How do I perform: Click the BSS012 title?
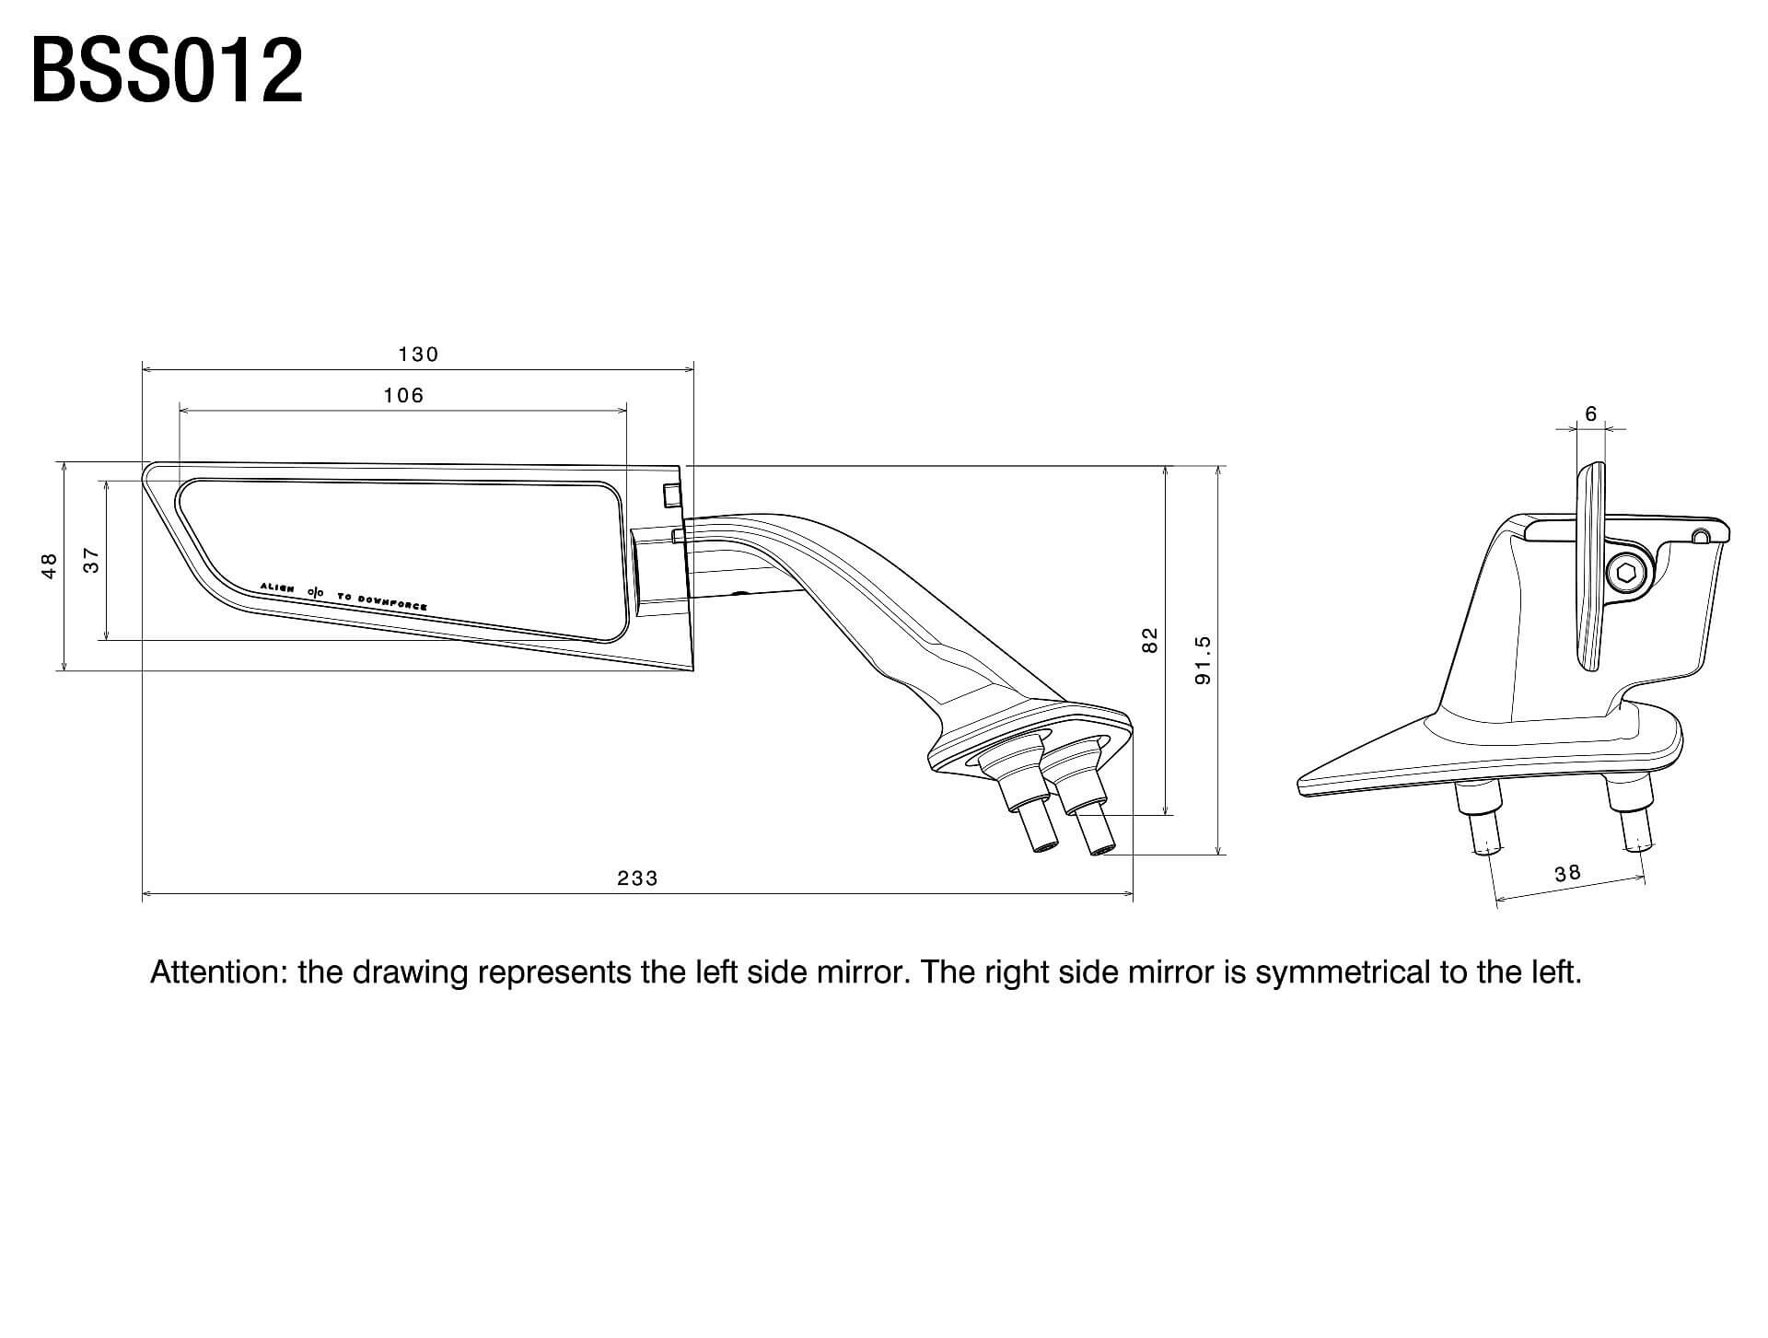[x=167, y=71]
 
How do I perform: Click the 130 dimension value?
[x=418, y=355]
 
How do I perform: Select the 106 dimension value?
[x=403, y=396]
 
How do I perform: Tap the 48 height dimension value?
[x=50, y=565]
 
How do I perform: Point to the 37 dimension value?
[x=91, y=560]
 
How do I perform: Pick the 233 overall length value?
[x=637, y=878]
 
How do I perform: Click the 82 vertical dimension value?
[x=1149, y=640]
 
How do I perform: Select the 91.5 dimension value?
[x=1203, y=660]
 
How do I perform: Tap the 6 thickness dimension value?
[x=1591, y=414]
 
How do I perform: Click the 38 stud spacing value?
[x=1567, y=872]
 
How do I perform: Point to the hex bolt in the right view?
[x=1627, y=574]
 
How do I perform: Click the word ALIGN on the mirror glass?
[x=277, y=587]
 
